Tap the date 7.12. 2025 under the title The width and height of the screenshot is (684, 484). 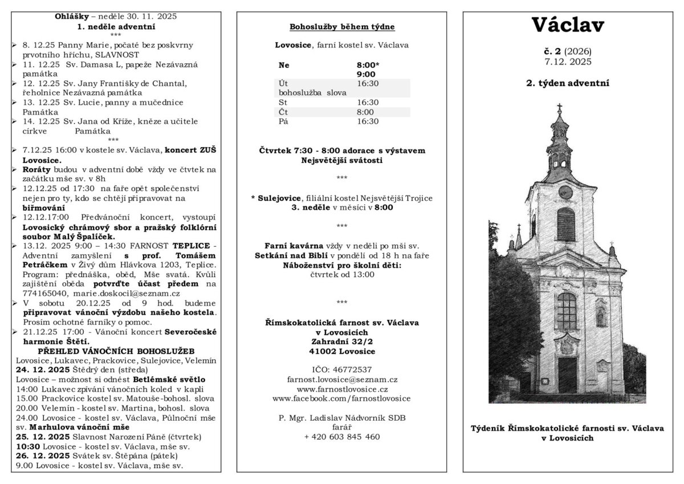[567, 61]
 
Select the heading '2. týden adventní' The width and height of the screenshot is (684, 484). [567, 83]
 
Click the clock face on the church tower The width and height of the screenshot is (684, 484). [565, 192]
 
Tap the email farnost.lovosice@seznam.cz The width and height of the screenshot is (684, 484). [342, 379]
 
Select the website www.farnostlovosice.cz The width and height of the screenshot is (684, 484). [342, 388]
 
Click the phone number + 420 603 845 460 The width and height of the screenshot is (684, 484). [342, 437]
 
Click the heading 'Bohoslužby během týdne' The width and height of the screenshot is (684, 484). [342, 27]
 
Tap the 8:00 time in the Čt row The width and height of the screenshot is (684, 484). [365, 112]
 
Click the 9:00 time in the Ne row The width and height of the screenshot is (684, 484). [366, 74]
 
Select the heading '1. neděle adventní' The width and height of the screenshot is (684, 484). [116, 26]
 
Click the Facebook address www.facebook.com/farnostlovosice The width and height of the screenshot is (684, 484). [342, 398]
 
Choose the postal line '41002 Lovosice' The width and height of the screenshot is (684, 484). [342, 351]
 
